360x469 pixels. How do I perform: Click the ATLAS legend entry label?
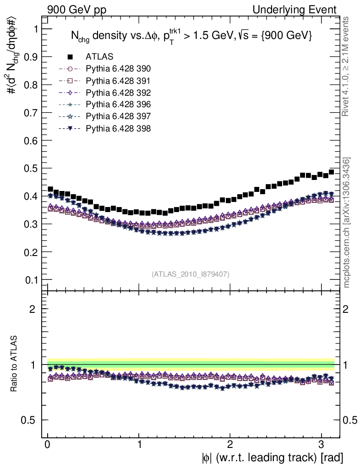click(x=99, y=57)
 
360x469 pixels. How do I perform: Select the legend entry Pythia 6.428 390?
click(x=118, y=69)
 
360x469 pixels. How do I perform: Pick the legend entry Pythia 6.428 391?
click(x=118, y=81)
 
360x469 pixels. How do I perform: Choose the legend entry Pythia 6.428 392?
click(x=118, y=93)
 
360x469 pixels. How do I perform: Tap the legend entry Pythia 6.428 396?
click(x=118, y=104)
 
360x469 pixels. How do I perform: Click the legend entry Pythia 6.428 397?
click(x=118, y=116)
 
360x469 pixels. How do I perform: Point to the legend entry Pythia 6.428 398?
click(x=118, y=128)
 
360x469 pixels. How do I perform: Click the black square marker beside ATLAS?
click(x=71, y=57)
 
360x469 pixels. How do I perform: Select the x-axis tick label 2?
click(x=230, y=444)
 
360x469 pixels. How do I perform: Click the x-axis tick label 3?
click(x=321, y=444)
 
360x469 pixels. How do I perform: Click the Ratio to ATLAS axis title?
click(x=15, y=364)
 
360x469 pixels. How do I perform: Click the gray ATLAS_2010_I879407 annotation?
click(x=190, y=274)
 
